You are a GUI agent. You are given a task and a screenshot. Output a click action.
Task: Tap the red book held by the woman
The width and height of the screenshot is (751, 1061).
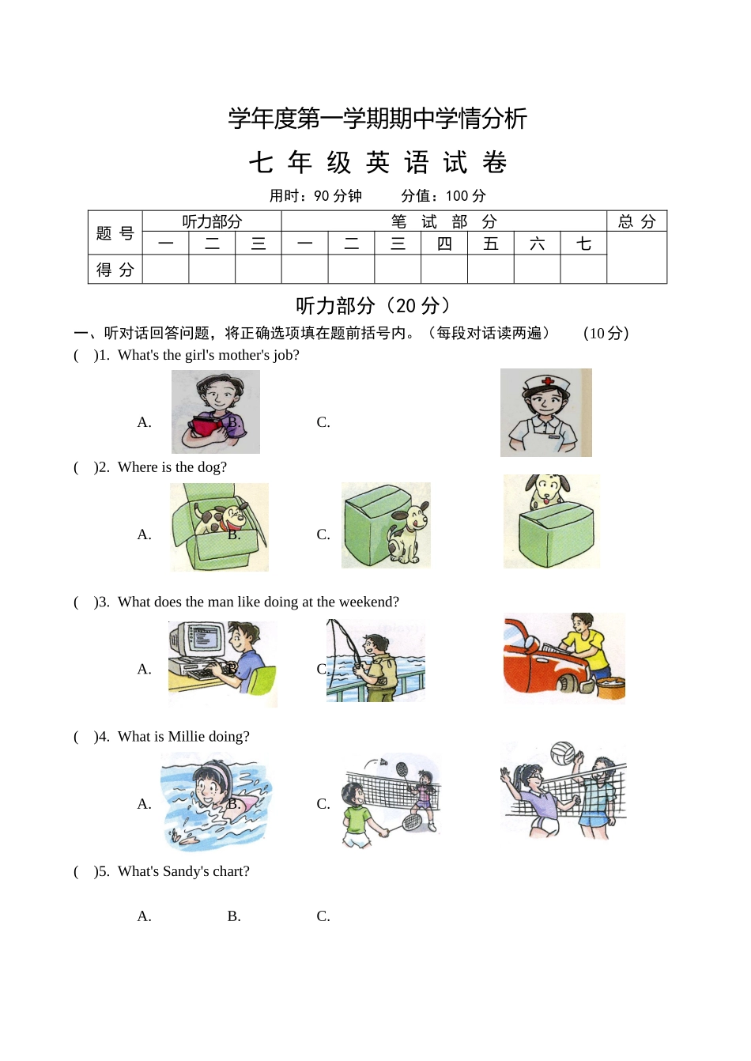click(x=207, y=427)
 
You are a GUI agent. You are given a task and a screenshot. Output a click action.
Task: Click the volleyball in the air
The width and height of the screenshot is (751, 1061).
click(x=562, y=753)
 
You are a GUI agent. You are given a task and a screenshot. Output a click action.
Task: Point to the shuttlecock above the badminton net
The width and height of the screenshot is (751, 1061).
click(x=383, y=763)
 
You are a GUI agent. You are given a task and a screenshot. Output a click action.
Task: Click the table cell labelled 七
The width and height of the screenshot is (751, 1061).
click(x=583, y=244)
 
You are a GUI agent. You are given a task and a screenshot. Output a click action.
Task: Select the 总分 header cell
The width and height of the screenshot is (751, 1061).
click(x=636, y=221)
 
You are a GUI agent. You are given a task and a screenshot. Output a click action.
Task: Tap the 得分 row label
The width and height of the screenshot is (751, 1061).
click(x=115, y=270)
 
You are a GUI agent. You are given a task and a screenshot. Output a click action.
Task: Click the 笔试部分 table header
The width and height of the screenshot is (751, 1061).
click(x=443, y=221)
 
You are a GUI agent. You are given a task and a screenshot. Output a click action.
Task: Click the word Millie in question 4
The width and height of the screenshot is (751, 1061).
click(x=186, y=737)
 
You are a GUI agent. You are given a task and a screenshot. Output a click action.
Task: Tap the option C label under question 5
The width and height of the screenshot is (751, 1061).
click(x=323, y=916)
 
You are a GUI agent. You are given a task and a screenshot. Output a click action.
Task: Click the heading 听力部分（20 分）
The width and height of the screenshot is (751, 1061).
click(x=375, y=306)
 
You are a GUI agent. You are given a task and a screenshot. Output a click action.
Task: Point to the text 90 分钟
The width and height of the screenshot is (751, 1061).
click(x=338, y=196)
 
